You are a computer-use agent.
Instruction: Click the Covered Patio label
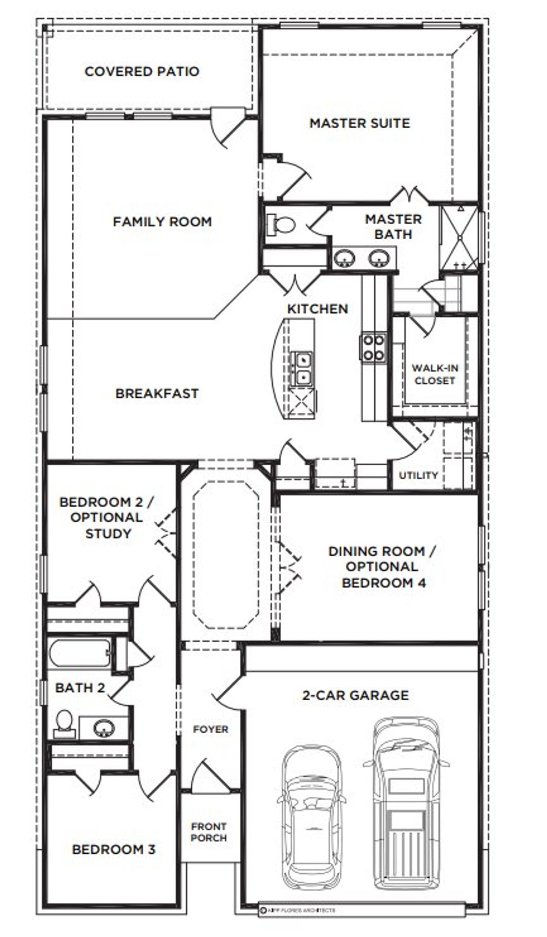[x=142, y=71]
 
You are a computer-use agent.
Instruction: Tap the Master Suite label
[x=359, y=123]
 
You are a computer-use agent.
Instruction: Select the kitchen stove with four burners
[x=373, y=347]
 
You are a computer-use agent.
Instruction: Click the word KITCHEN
[x=318, y=309]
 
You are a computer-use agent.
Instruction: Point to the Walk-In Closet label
[x=434, y=374]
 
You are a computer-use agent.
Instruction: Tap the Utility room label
[x=418, y=475]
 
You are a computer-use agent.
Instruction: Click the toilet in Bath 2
[x=64, y=723]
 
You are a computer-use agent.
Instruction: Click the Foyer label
[x=210, y=729]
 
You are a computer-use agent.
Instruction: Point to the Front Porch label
[x=209, y=832]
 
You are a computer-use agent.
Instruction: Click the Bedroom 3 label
[x=114, y=849]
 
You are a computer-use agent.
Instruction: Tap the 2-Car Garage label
[x=355, y=695]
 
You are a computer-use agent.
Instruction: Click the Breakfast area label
[x=157, y=394]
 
